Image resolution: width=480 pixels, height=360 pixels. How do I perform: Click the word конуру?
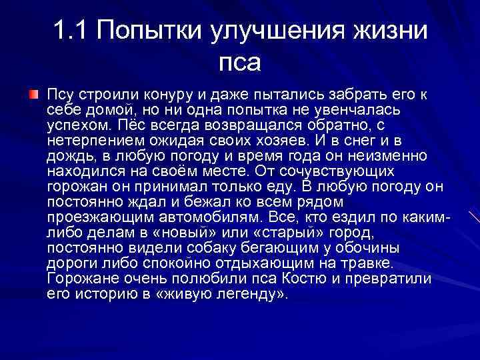pos(157,95)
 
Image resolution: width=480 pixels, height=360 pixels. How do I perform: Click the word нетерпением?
pos(90,141)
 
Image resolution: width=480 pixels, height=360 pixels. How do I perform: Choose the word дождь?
pos(69,156)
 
